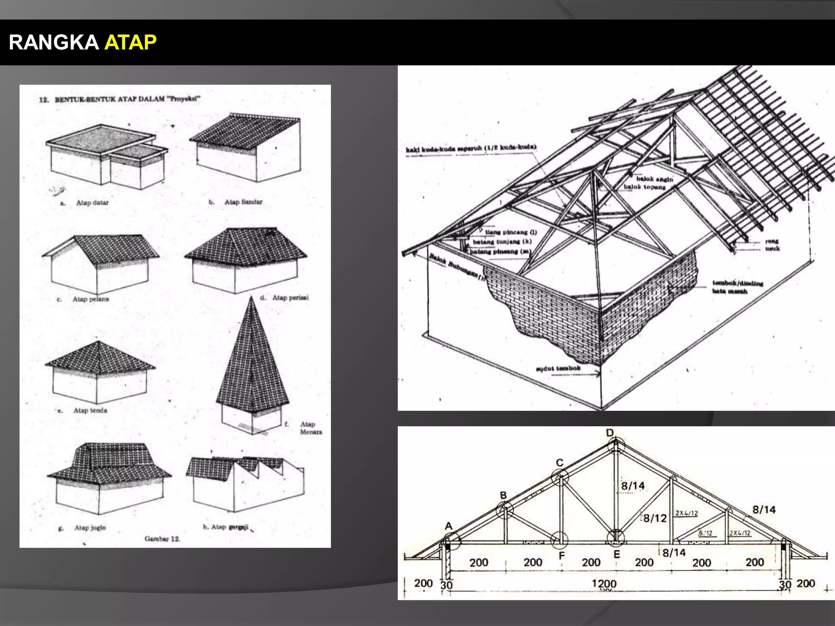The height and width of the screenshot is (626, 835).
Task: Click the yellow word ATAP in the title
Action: point(130,42)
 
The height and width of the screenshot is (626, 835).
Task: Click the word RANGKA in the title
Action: point(53,42)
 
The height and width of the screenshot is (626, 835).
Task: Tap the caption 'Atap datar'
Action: point(92,203)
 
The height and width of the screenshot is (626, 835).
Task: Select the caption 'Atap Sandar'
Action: point(243,202)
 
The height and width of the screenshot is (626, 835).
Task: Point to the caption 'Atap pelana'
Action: point(91,299)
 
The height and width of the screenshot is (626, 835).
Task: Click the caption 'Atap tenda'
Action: point(90,410)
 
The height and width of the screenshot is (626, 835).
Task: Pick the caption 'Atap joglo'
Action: point(90,528)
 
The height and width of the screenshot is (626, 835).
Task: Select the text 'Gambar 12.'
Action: point(162,539)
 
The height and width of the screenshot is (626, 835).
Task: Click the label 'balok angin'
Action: point(654,179)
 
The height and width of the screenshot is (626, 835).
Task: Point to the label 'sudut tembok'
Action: point(558,368)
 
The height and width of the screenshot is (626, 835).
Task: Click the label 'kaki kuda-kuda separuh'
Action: point(471,148)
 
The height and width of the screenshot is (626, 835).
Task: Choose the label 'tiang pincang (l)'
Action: point(511,232)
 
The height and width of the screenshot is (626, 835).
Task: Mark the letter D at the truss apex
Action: point(610,433)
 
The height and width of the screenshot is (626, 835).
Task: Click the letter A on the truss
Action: point(448,526)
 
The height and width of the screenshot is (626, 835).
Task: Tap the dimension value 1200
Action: point(604,584)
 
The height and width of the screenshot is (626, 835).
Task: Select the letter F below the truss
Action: point(562,555)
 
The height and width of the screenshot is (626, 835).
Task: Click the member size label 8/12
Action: point(655,518)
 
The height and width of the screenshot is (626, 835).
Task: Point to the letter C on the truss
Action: point(559,463)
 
